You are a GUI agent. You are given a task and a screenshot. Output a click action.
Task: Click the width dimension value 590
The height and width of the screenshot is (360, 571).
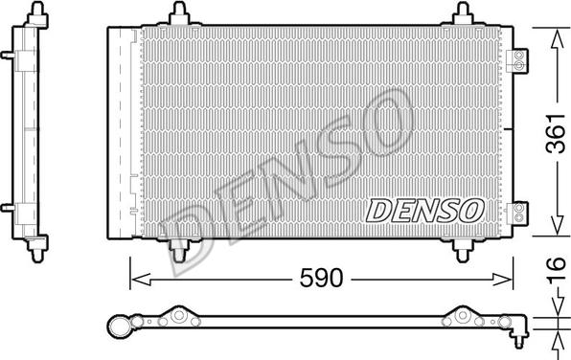pyautogui.click(x=323, y=281)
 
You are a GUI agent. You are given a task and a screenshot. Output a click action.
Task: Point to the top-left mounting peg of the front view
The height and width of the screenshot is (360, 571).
pyautogui.click(x=178, y=14)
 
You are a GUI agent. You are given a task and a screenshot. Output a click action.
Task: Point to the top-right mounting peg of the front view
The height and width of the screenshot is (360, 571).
pyautogui.click(x=465, y=14)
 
